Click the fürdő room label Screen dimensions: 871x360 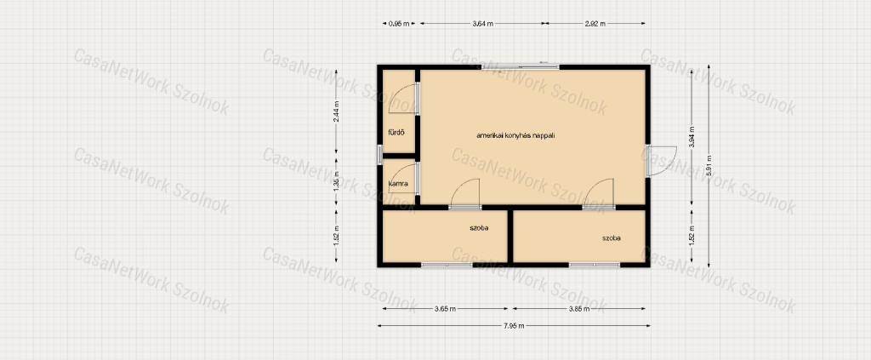(396, 132)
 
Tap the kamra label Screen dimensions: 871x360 (399, 183)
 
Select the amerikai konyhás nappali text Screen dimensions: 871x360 (516, 135)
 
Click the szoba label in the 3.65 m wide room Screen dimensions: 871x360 (480, 228)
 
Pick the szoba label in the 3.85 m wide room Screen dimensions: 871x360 (612, 238)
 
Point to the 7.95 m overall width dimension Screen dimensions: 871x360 (514, 326)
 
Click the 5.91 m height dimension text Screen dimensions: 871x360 (709, 165)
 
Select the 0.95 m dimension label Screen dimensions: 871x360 (399, 23)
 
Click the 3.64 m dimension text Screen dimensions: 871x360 (482, 23)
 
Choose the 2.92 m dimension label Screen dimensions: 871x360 (595, 23)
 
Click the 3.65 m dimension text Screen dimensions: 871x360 (446, 308)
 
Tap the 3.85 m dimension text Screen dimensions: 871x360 (578, 308)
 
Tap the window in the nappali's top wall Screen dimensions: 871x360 (520, 67)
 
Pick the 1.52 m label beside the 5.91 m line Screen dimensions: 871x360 (692, 236)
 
